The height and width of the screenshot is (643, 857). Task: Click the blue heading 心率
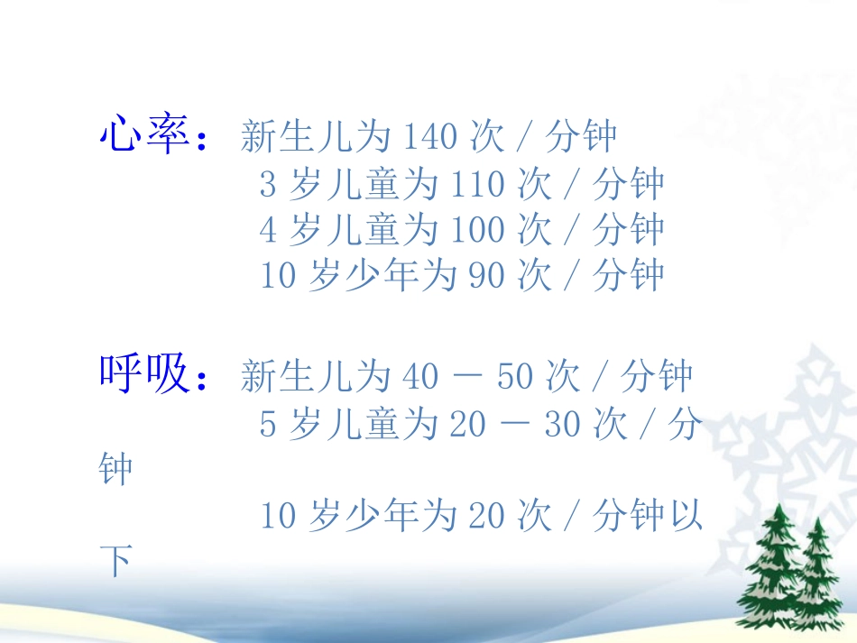pos(143,136)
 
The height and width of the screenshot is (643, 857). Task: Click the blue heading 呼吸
pos(143,374)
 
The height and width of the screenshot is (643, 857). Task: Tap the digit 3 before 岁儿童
pos(268,184)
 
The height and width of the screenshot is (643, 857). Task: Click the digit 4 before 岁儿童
pos(268,230)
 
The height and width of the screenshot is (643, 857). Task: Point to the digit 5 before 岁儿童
pos(268,424)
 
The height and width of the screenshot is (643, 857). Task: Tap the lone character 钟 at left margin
pos(115,470)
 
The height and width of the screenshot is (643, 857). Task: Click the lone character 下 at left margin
pos(115,563)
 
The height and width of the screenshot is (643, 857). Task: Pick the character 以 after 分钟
pos(685,517)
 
